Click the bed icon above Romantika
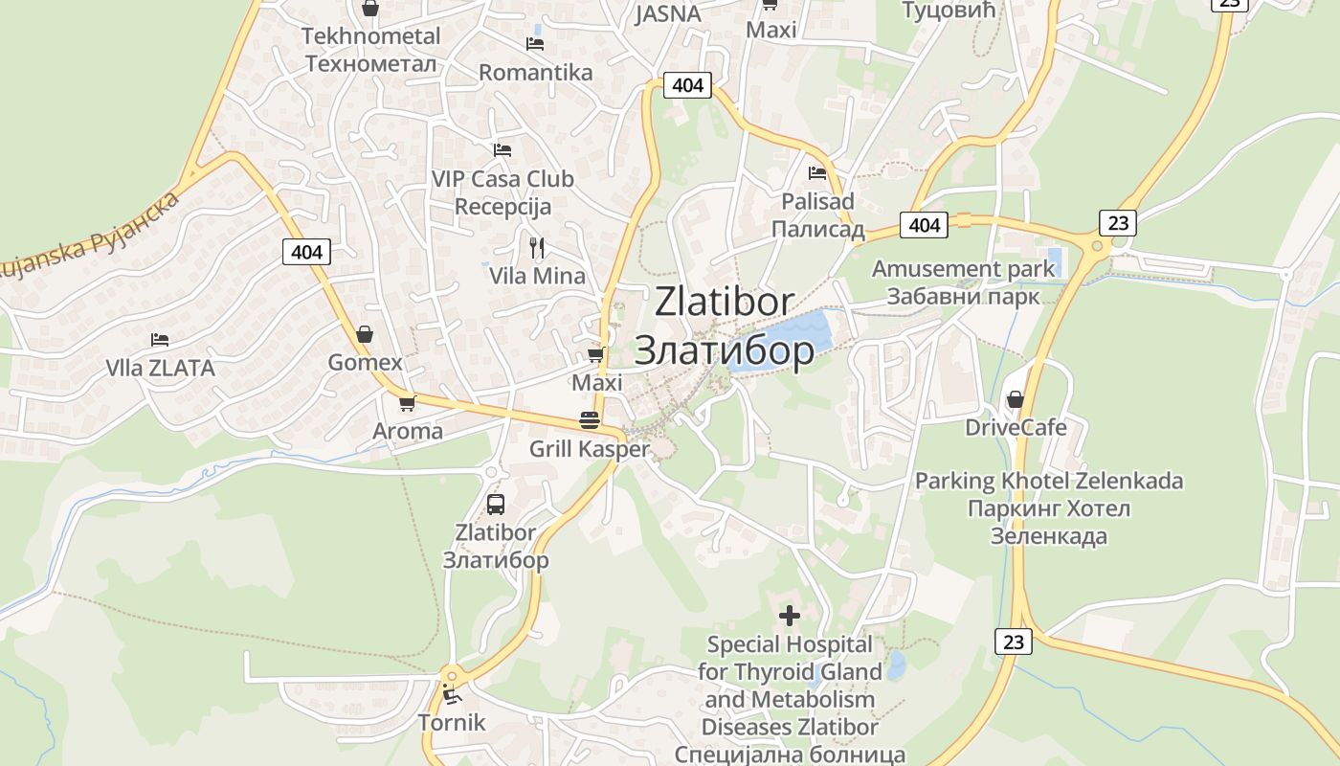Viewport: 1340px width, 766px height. [535, 43]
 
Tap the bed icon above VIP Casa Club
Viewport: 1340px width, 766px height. [502, 149]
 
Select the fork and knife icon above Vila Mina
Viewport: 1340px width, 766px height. [537, 248]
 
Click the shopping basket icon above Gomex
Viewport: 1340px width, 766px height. [365, 334]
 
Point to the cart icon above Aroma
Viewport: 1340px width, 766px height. [408, 403]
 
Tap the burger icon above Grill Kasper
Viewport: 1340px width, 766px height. [589, 420]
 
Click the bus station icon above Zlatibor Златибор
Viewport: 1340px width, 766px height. [496, 504]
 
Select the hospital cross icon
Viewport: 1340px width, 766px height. [790, 615]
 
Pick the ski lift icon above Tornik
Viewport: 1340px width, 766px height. [452, 693]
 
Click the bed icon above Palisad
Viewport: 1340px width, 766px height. [817, 173]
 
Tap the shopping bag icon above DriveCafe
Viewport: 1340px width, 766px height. [1016, 398]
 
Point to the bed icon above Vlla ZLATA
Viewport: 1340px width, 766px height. [160, 340]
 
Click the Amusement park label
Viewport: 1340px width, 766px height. [963, 269]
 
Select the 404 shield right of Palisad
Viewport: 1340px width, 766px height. [924, 225]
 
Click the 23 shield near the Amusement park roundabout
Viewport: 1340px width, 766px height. [1117, 223]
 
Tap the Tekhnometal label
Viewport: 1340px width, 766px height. [370, 36]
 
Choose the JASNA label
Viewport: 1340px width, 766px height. [668, 14]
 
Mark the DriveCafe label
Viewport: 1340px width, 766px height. [1016, 427]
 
